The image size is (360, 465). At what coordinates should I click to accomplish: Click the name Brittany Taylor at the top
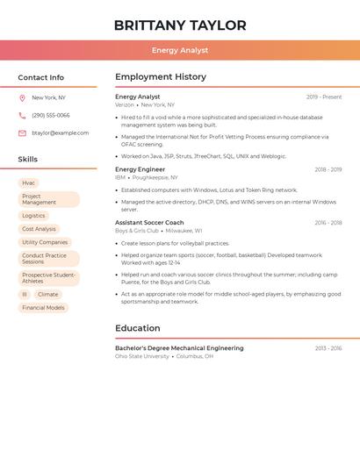180,25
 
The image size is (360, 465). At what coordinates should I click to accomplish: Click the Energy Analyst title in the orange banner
180,51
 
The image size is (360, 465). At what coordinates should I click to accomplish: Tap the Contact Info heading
41,77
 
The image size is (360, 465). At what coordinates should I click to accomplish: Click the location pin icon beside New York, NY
22,98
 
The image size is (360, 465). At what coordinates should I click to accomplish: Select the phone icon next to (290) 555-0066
22,116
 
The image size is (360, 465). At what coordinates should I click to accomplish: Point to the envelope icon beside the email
22,133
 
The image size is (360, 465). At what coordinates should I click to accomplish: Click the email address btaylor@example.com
60,133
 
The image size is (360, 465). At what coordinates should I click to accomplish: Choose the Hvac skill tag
29,183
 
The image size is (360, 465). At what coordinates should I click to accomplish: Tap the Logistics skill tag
33,216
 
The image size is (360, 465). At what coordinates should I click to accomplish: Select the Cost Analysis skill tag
39,229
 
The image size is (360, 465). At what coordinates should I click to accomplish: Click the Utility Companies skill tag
45,242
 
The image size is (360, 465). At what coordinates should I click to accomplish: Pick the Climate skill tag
47,295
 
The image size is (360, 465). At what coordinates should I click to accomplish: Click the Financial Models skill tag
43,308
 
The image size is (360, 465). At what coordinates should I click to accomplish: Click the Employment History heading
161,77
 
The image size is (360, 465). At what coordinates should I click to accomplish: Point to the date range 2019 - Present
324,97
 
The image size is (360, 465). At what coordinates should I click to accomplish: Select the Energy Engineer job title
140,169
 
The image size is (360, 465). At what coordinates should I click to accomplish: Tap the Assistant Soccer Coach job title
149,223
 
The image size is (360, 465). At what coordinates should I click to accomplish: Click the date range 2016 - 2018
328,223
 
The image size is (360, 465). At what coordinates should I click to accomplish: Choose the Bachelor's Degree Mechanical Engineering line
179,348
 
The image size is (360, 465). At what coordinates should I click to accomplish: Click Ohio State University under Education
141,356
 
